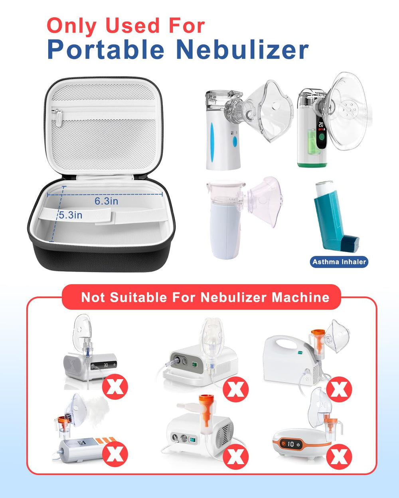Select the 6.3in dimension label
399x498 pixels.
[x=106, y=201]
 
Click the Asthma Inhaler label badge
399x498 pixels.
[x=339, y=262]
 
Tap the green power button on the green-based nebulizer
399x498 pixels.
[x=321, y=137]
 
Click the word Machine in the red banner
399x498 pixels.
[x=300, y=297]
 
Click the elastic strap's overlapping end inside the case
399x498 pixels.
[x=105, y=216]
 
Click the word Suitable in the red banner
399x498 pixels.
[x=138, y=297]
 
